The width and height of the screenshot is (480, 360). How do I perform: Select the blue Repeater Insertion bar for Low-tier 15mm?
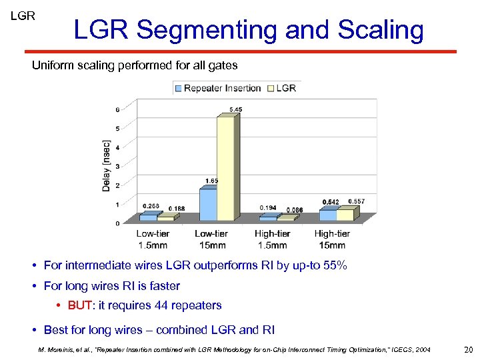[207, 204]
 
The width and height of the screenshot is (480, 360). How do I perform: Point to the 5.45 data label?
[235, 109]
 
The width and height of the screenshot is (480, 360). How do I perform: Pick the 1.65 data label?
[211, 181]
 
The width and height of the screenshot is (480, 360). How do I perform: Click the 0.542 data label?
[330, 202]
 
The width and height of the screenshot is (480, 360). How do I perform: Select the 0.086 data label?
[295, 210]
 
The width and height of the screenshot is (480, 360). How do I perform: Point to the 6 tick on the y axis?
[118, 109]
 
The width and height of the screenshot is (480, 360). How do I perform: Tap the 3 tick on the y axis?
[118, 166]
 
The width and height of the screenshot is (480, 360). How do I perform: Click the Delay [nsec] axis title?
[107, 165]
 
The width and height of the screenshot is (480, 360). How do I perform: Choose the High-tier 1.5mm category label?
[272, 239]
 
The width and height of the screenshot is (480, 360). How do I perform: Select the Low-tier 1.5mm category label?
[153, 239]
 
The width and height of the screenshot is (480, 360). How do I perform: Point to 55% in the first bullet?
[333, 265]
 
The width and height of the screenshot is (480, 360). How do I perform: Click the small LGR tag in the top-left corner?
[23, 15]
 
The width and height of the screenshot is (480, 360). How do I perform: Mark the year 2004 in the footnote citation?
[421, 349]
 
